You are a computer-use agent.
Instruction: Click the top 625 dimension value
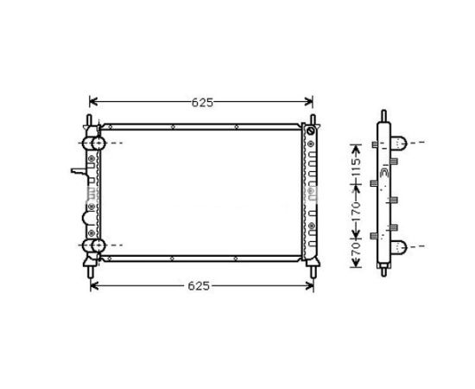point(202,103)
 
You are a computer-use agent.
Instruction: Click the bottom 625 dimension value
point(199,285)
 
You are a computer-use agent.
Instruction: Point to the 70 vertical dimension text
point(356,249)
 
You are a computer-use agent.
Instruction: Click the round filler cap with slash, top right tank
point(311,131)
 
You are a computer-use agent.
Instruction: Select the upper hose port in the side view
point(398,143)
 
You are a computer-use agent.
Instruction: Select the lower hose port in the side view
point(398,246)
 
